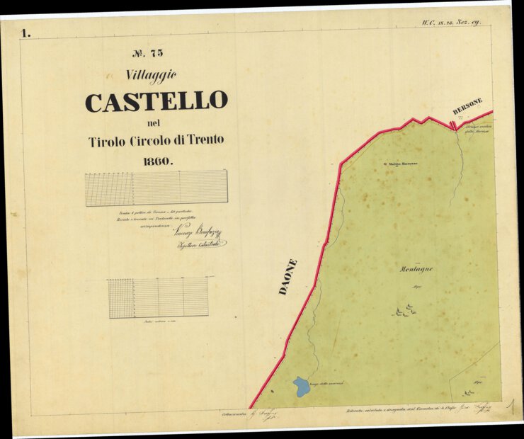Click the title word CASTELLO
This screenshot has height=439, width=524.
point(156,102)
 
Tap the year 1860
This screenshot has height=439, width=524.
point(157,161)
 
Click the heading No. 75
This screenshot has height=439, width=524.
point(148,52)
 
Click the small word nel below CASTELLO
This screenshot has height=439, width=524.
point(156,124)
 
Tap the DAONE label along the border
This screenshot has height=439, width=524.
point(287,277)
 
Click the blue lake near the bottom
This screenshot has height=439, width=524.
point(301,387)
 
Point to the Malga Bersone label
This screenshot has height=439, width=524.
point(403,164)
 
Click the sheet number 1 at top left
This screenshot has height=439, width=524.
point(27,33)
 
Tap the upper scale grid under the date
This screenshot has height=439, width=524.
point(156,188)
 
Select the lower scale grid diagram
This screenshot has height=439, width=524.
point(158,297)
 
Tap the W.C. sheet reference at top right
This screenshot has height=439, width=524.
point(451,22)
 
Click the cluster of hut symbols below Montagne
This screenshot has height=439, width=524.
point(405,310)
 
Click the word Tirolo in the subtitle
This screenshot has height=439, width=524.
point(107,141)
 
